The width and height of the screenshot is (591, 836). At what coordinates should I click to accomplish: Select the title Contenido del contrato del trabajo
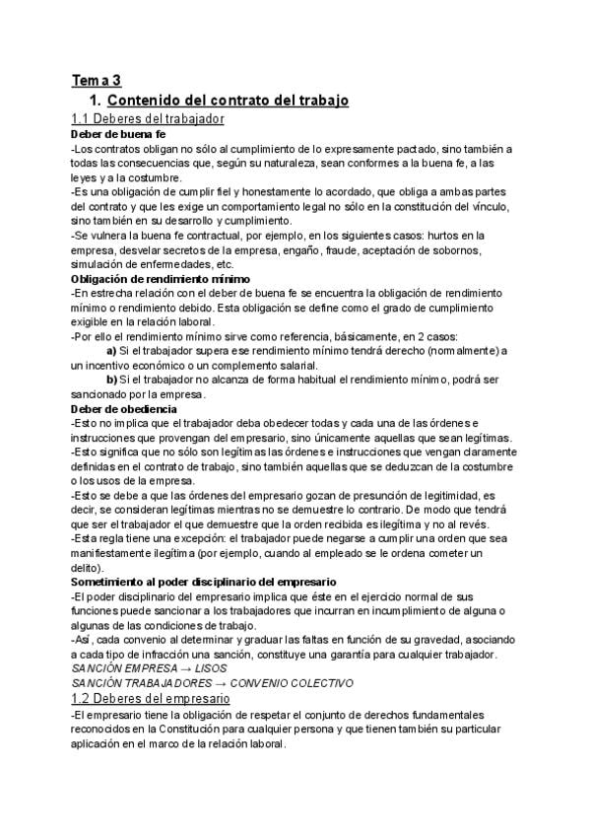228,101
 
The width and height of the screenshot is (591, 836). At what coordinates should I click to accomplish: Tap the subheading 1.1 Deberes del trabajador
148,119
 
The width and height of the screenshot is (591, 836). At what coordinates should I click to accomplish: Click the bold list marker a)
111,351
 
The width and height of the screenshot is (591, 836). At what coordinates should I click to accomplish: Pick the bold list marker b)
111,380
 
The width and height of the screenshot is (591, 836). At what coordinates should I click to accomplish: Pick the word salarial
292,365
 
